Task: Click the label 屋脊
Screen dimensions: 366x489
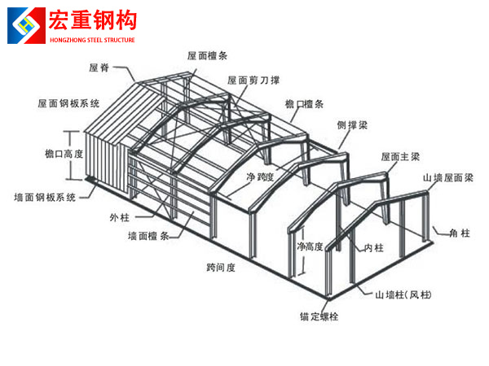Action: [99, 69]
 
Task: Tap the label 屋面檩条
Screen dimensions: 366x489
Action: [205, 56]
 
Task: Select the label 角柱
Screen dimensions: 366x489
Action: [460, 233]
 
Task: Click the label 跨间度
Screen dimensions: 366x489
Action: [221, 267]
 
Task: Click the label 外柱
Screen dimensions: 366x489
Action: [120, 217]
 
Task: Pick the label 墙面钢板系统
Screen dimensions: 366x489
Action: [46, 197]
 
